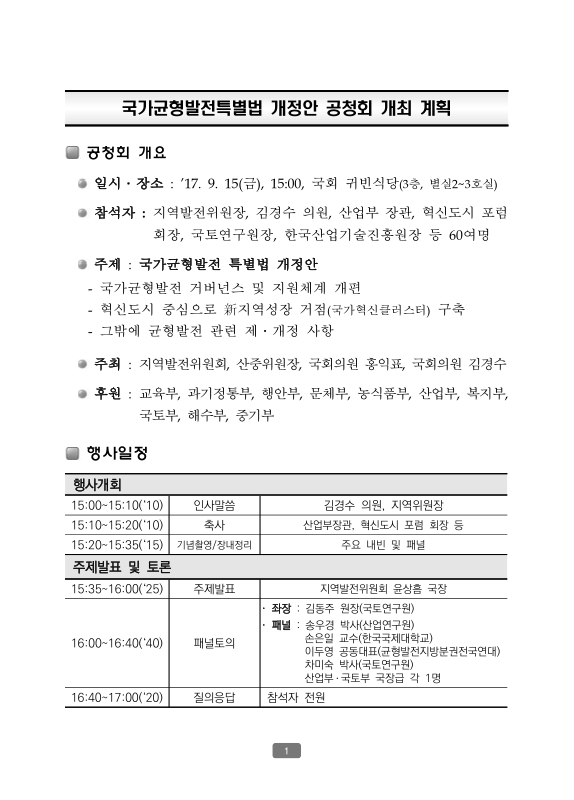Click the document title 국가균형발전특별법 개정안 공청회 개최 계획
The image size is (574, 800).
[x=287, y=107]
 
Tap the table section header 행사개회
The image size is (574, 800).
[x=97, y=485]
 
